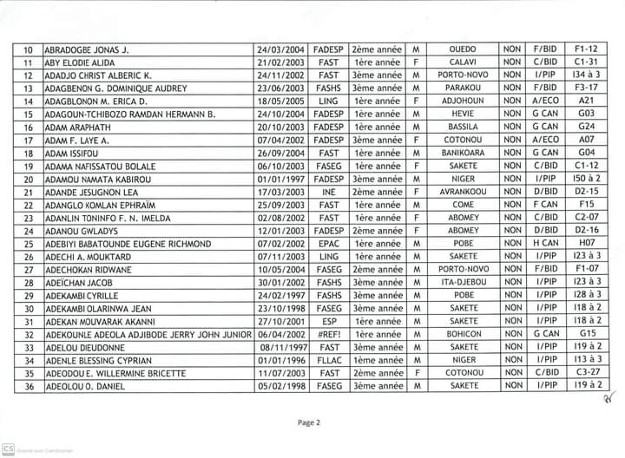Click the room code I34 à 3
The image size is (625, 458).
588,75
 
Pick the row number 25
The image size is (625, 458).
29,245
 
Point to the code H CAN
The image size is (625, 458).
545,245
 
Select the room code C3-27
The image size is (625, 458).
588,372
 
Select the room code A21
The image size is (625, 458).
588,101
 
